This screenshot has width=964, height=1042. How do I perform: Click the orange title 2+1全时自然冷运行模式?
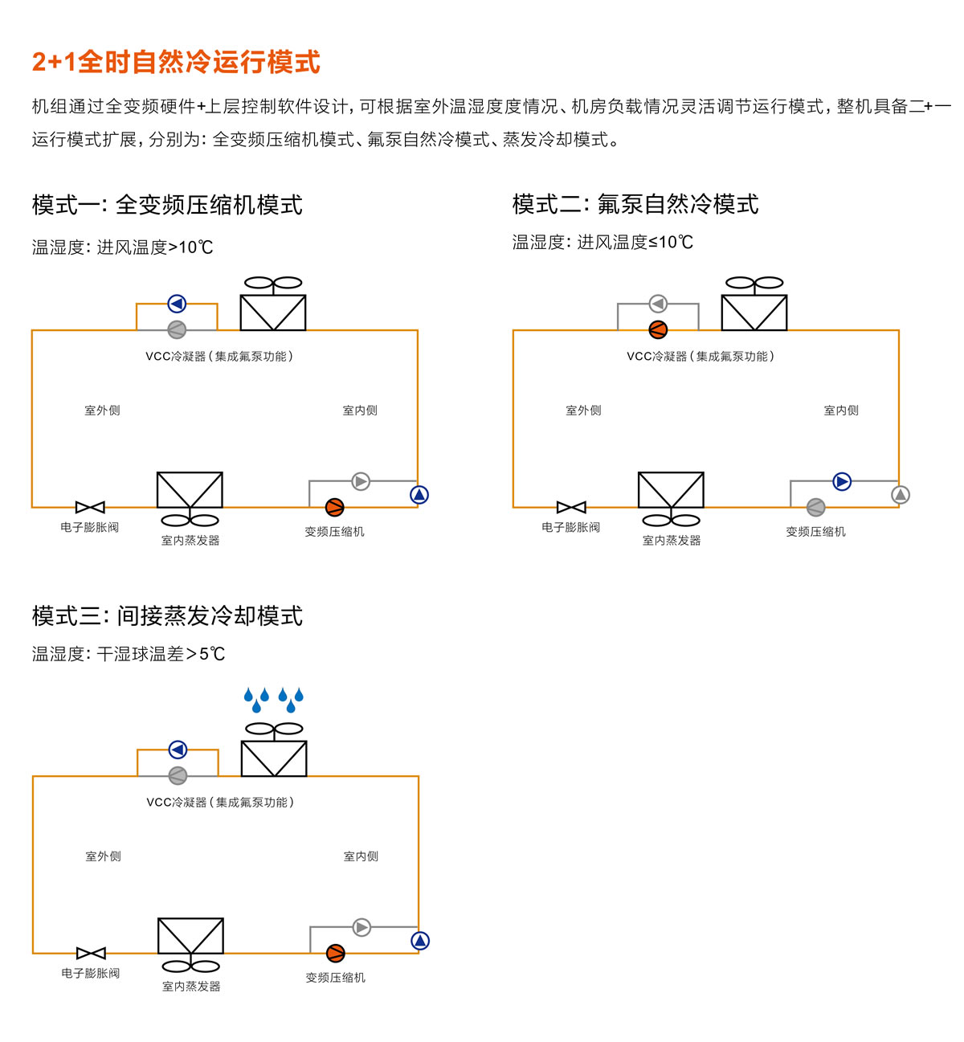[x=176, y=62]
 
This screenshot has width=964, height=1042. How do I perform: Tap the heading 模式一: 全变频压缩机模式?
[x=167, y=205]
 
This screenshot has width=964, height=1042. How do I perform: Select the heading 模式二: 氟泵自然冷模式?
[x=635, y=204]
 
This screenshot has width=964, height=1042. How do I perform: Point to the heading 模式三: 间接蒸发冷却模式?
[x=167, y=615]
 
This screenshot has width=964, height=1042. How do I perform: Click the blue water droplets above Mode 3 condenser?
[x=274, y=699]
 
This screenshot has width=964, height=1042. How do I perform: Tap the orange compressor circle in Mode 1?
[x=335, y=507]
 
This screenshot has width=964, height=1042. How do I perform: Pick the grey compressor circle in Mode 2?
[x=815, y=507]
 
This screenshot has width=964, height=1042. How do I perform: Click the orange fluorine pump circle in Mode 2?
[x=658, y=329]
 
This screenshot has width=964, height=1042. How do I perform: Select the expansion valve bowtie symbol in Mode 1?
[x=90, y=507]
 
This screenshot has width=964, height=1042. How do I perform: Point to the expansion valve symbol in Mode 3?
[x=91, y=953]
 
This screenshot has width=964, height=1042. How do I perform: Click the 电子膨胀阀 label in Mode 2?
[x=570, y=527]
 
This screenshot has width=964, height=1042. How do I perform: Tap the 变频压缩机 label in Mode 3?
[x=335, y=977]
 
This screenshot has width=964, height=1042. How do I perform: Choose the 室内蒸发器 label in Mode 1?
[x=190, y=540]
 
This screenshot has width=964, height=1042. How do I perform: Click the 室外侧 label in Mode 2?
[x=583, y=411]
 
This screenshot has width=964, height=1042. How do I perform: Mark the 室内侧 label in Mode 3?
[x=361, y=856]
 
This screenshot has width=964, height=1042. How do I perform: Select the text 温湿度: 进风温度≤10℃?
[x=602, y=242]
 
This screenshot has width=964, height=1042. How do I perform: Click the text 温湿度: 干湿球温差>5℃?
[x=129, y=654]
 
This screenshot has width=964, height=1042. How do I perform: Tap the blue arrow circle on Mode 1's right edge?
[x=419, y=495]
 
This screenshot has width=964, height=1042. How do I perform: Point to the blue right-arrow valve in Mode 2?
[x=842, y=481]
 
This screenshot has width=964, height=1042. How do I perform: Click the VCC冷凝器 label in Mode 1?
[x=219, y=356]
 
